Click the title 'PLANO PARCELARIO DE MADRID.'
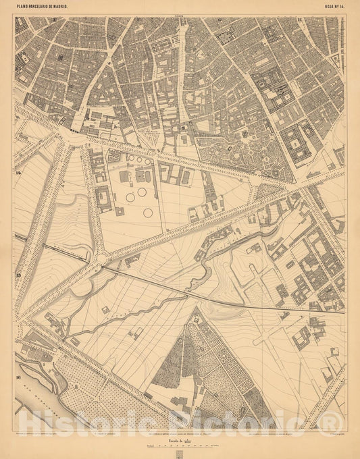47,7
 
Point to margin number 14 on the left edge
19,173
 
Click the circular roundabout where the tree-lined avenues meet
102,259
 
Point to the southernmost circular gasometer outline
147,213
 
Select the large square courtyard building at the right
296,143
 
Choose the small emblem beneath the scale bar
180,454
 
